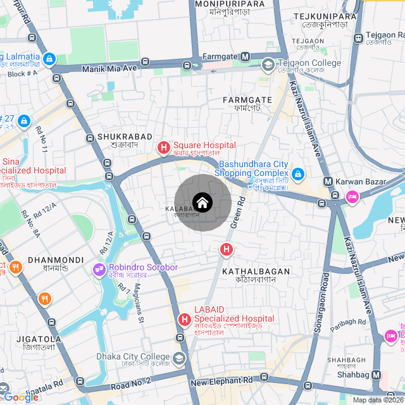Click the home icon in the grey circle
pos(202,202)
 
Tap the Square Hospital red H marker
pos(163,148)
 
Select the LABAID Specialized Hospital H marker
pos(184,320)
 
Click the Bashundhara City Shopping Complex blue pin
pos(298,173)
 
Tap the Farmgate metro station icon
pos(246,57)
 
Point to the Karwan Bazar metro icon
pos(328,182)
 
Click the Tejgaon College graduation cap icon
pos(268,63)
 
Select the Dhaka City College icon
pos(179,358)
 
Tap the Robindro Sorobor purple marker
pos(99,270)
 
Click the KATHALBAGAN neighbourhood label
pos(256,271)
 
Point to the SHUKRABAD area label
pos(125,137)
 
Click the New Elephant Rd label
pos(221,381)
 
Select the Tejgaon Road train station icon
pos(358,38)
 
